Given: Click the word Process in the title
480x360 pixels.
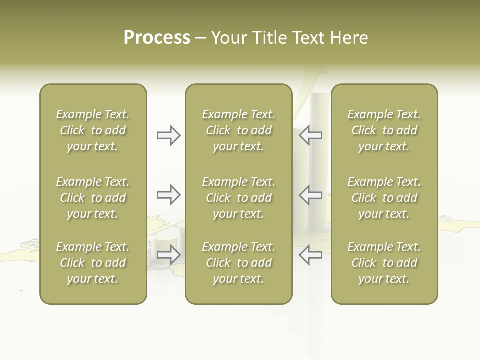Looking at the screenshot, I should pyautogui.click(x=157, y=38).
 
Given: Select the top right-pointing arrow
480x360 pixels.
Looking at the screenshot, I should pyautogui.click(x=169, y=135).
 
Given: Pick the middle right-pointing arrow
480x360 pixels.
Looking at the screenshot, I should pyautogui.click(x=169, y=195).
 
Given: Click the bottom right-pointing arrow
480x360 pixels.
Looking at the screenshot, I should pyautogui.click(x=169, y=255).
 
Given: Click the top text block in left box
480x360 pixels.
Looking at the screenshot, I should pyautogui.click(x=93, y=130).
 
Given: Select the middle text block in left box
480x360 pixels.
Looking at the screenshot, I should pyautogui.click(x=93, y=198).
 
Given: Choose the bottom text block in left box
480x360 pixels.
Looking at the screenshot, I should pyautogui.click(x=93, y=263).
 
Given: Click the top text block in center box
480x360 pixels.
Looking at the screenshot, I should pyautogui.click(x=238, y=130).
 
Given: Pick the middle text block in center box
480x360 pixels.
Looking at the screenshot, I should pyautogui.click(x=238, y=198).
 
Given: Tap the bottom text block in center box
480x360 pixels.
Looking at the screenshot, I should pyautogui.click(x=238, y=263).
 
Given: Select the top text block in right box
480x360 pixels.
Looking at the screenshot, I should pyautogui.click(x=384, y=130).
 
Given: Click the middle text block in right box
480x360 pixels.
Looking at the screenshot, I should pyautogui.click(x=384, y=198).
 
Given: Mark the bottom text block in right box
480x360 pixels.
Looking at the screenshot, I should pyautogui.click(x=384, y=263).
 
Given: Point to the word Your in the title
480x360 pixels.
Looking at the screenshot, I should pyautogui.click(x=229, y=38).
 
